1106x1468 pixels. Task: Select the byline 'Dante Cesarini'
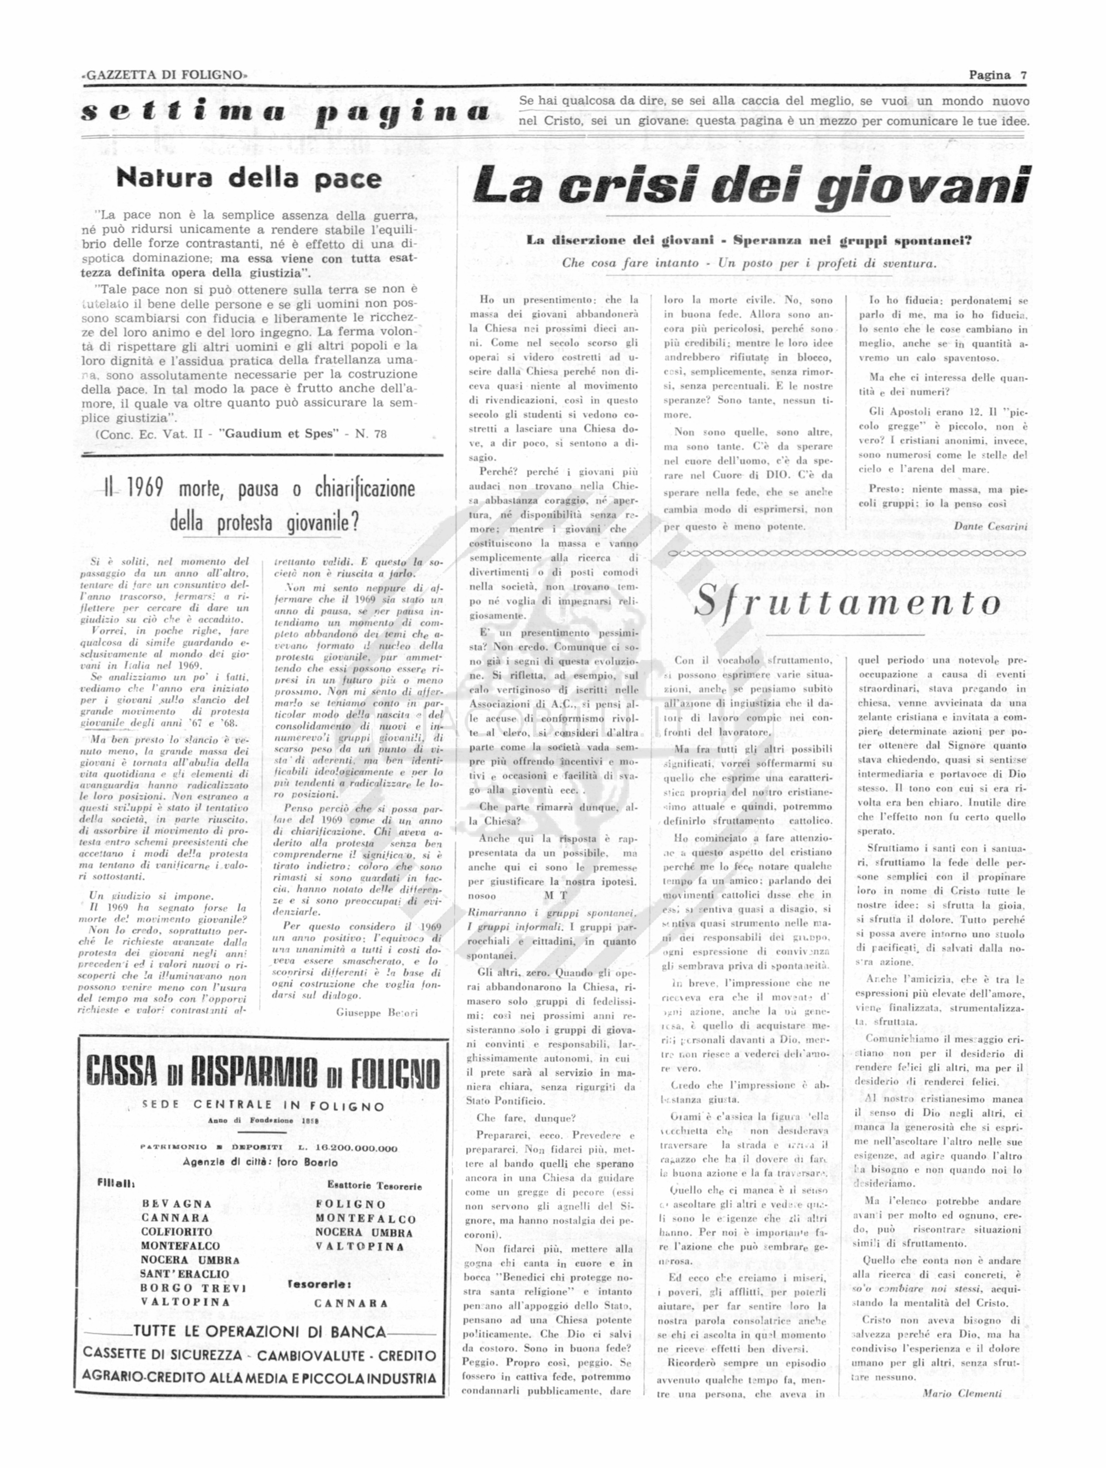pyautogui.click(x=990, y=526)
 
